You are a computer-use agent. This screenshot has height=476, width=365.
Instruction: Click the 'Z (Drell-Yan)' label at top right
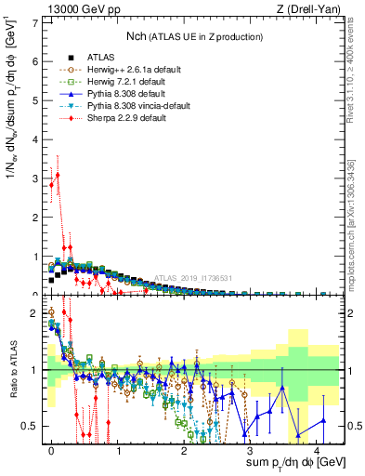point(308,9)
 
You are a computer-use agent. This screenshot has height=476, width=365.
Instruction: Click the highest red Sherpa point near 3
point(58,175)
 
